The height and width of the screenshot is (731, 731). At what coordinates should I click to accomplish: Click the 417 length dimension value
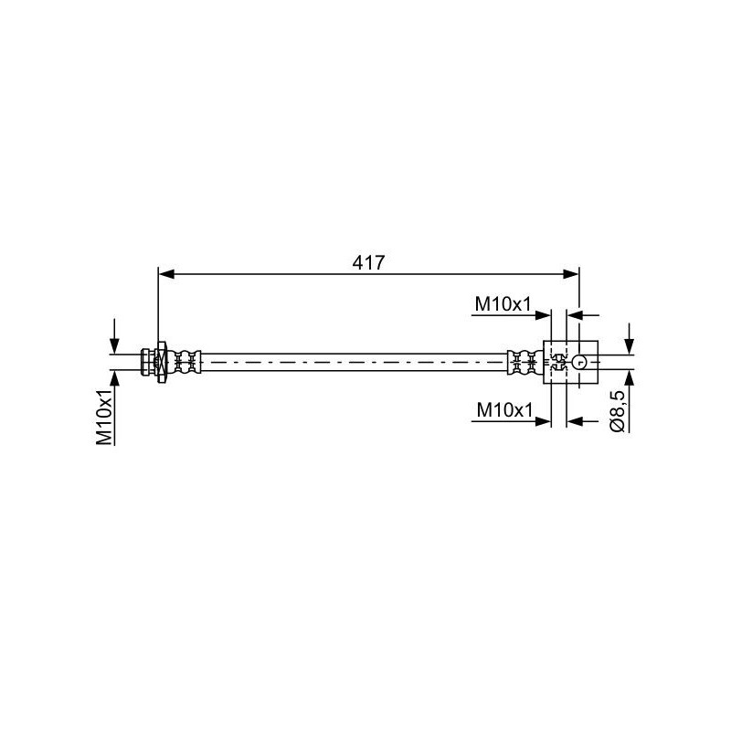368,263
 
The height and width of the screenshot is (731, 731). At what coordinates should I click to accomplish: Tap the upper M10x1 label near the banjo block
503,304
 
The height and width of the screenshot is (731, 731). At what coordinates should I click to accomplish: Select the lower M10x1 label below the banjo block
504,410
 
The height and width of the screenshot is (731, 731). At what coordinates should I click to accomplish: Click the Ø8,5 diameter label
618,412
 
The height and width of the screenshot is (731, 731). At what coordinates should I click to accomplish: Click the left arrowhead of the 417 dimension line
166,274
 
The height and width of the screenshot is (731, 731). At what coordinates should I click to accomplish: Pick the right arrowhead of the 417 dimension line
571,274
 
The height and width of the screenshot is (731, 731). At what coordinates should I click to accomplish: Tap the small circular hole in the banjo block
579,362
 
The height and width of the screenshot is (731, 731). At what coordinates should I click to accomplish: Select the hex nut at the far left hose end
148,362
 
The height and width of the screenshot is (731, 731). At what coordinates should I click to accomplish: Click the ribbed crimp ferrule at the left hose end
187,362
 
